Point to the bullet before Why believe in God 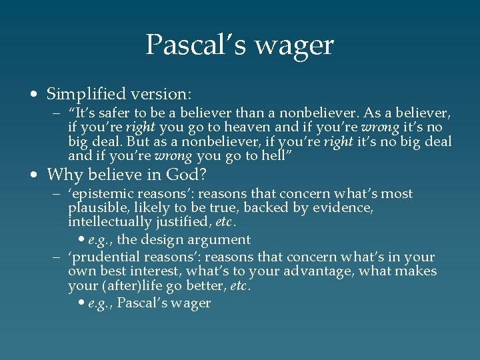34,176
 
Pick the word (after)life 131,285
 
